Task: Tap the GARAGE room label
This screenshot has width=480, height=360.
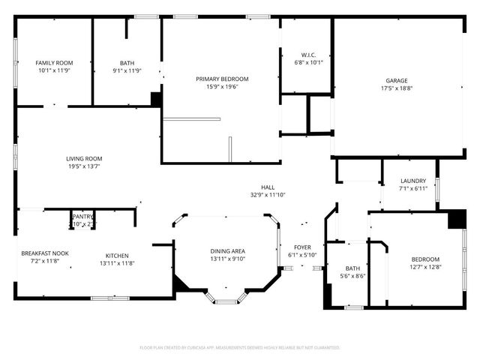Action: [397, 80]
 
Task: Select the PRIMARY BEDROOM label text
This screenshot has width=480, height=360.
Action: [222, 79]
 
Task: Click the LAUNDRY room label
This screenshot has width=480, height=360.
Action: [413, 181]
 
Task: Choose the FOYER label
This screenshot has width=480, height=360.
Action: [302, 247]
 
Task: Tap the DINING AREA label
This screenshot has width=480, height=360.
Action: [226, 251]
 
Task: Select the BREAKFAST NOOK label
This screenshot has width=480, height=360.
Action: [45, 253]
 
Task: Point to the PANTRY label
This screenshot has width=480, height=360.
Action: [82, 217]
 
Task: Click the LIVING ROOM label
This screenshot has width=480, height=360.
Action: [84, 158]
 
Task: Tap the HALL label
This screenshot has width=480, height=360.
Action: [268, 187]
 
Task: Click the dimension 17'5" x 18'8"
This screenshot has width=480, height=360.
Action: [397, 88]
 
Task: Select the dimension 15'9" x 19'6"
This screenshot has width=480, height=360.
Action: [222, 86]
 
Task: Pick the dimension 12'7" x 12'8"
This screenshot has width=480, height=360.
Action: [424, 266]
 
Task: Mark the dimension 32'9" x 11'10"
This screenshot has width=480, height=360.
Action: [268, 195]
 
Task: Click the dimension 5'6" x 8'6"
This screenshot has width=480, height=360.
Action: [352, 276]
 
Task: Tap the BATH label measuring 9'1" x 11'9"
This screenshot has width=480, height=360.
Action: [127, 63]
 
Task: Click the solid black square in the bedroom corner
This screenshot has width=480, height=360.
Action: [457, 219]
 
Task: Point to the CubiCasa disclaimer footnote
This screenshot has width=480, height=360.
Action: [240, 348]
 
